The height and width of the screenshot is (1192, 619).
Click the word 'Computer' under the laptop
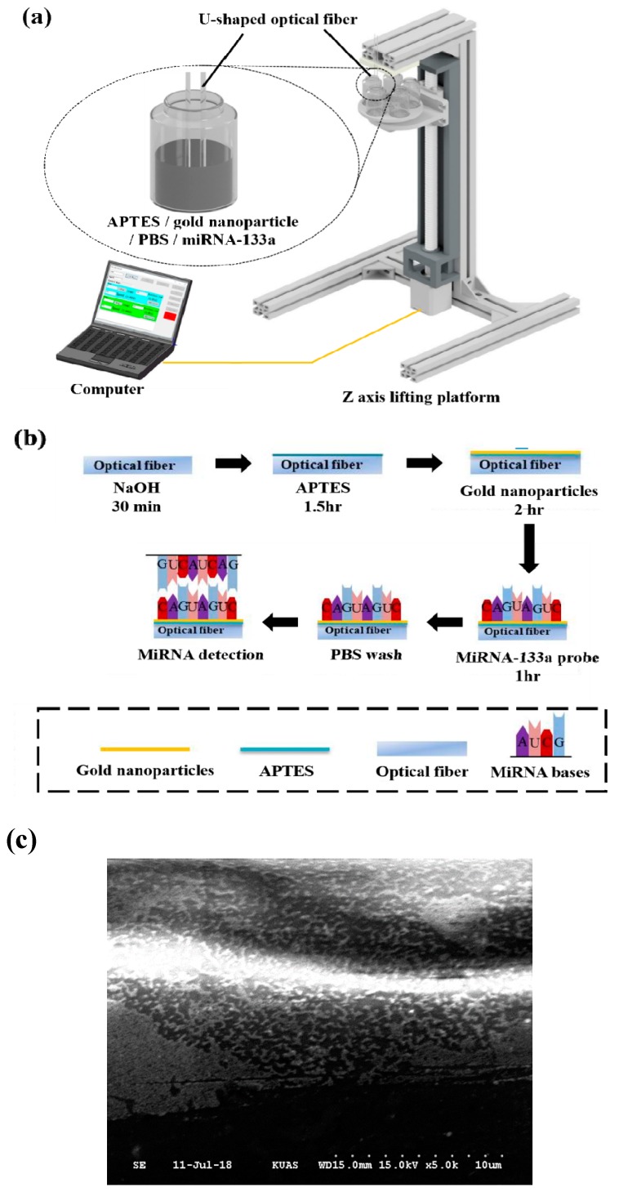[x=107, y=390]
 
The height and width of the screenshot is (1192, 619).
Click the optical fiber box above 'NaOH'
[x=137, y=465]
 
